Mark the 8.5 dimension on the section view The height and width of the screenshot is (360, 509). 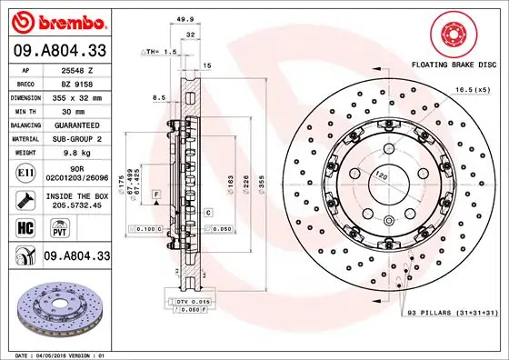click(159, 97)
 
